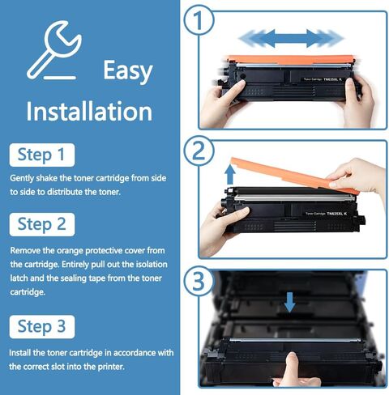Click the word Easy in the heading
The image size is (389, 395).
click(x=127, y=70)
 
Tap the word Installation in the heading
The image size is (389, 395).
click(x=89, y=110)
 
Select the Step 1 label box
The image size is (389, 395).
click(x=41, y=154)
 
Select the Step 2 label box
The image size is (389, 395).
click(x=41, y=223)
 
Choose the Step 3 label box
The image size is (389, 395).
click(x=41, y=327)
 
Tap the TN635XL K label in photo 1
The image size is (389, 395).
click(x=326, y=79)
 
